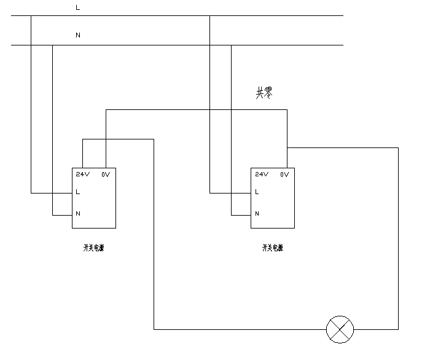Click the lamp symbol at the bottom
(x=340, y=329)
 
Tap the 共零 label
(x=264, y=93)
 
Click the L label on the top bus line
(x=77, y=7)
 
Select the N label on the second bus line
(x=77, y=35)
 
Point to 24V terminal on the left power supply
(x=83, y=174)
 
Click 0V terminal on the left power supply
(x=106, y=174)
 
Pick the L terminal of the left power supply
(x=77, y=192)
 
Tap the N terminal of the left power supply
(x=78, y=214)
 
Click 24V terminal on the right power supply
(x=262, y=174)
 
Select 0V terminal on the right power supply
(x=284, y=174)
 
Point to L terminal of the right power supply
(x=257, y=192)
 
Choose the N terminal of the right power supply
(x=257, y=214)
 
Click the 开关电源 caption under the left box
(x=93, y=248)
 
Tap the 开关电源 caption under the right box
(x=273, y=248)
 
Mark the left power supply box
(x=94, y=203)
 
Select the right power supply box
(x=273, y=203)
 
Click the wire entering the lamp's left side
(x=246, y=329)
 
